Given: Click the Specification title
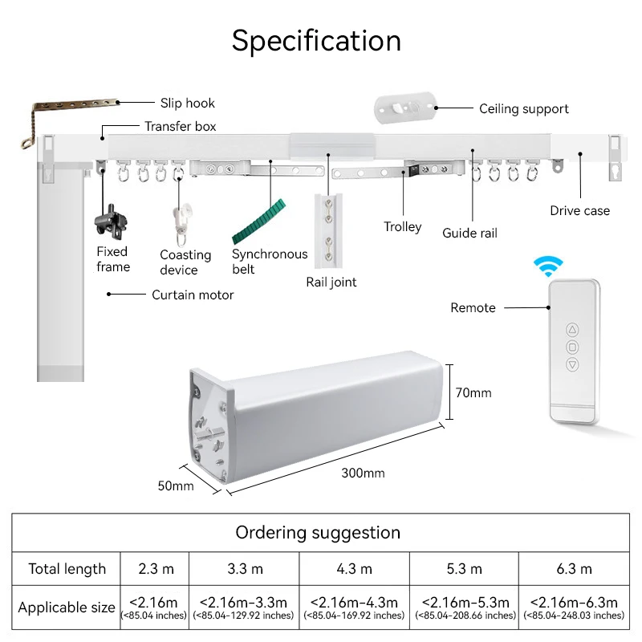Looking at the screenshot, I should [x=316, y=40].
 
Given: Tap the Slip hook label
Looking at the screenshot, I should [x=187, y=103].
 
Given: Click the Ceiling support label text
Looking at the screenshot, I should [x=523, y=108].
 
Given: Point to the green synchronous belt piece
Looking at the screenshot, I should [x=258, y=221].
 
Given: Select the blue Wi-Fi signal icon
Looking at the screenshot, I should [x=550, y=266].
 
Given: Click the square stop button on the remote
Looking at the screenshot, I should [x=572, y=347].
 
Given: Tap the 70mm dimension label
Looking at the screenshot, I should [x=473, y=393].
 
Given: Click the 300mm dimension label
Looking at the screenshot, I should [x=363, y=473].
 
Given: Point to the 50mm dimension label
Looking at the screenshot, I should [x=176, y=486].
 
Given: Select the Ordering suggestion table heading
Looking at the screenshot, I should [x=318, y=533].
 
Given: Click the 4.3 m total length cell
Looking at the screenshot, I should [x=353, y=569].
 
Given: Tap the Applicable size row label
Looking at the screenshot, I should [x=67, y=607].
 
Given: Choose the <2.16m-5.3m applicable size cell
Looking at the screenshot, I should [x=465, y=607].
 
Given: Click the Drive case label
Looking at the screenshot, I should [x=579, y=210].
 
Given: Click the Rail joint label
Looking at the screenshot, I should [x=331, y=282].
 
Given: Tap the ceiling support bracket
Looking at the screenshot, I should [x=405, y=108].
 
